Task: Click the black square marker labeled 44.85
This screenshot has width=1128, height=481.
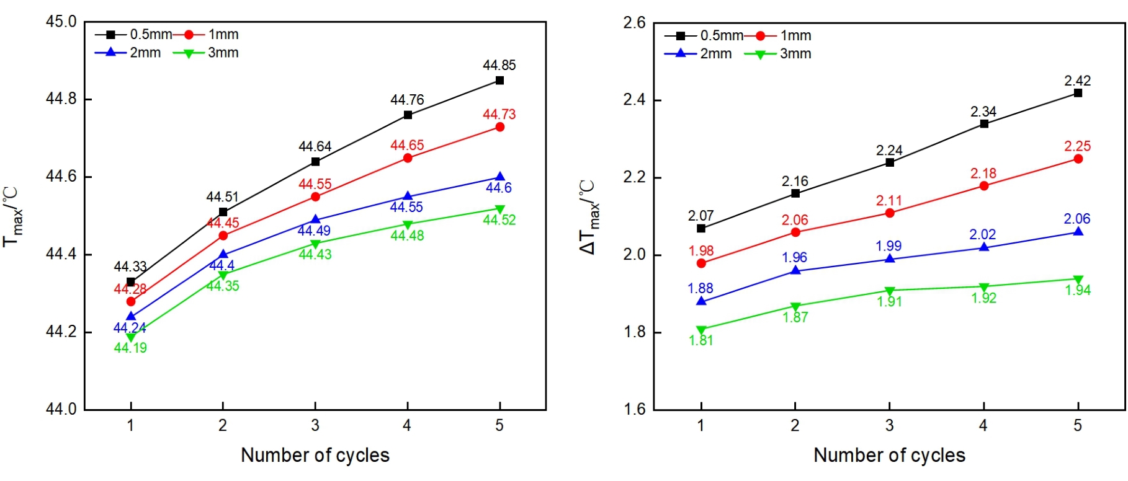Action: click(499, 81)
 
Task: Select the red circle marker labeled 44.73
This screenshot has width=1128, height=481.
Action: click(499, 127)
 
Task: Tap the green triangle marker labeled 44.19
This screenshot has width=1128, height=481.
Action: click(131, 337)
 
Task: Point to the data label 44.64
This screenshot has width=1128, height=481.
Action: click(315, 147)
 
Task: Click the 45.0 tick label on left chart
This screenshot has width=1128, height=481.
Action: click(61, 22)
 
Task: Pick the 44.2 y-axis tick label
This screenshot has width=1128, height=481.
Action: click(61, 332)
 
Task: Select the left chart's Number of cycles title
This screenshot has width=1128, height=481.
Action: click(315, 455)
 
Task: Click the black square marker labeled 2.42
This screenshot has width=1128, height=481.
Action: click(1078, 93)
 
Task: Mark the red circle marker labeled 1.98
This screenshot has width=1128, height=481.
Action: click(701, 263)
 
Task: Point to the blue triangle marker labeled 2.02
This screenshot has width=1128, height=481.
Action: click(983, 247)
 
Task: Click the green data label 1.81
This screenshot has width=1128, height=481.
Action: click(701, 340)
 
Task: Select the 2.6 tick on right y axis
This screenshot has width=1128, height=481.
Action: click(634, 23)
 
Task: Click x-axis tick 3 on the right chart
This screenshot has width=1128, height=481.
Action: click(889, 425)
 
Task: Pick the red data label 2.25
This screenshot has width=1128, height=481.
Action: click(1077, 146)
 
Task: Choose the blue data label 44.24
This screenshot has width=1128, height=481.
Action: click(130, 328)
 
